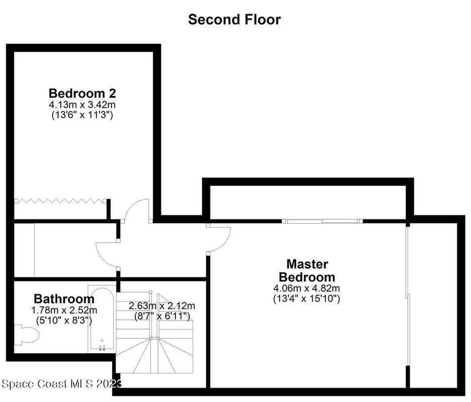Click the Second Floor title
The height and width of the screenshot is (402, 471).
234,20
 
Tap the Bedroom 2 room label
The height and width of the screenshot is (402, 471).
82,93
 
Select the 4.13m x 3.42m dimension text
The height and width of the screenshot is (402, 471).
82,105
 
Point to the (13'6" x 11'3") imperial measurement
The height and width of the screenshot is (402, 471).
82,115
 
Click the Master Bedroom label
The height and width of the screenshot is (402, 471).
307,270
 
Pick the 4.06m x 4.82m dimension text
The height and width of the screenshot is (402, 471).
307,288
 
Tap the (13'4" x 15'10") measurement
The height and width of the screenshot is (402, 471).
307,299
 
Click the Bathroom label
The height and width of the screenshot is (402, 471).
64,298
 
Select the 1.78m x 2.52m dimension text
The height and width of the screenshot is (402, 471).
64,310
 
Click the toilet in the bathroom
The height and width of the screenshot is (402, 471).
28,334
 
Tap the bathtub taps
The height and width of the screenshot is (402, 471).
102,348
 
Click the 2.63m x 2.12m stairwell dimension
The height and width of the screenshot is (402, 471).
162,306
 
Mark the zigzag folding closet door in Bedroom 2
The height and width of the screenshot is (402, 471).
60,200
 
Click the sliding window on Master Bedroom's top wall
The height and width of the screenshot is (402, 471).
322,221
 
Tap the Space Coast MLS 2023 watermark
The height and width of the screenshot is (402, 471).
62,384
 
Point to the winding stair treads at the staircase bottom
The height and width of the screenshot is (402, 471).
154,355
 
